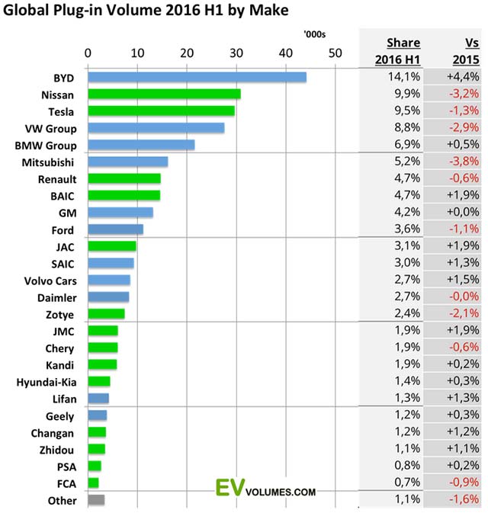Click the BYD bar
pyautogui.click(x=197, y=77)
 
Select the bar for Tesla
pyautogui.click(x=161, y=111)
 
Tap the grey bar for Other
pyautogui.click(x=96, y=500)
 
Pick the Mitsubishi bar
pyautogui.click(x=127, y=162)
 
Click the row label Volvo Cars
pyautogui.click(x=51, y=280)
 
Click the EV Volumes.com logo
pyautogui.click(x=266, y=490)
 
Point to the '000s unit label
pyautogui.click(x=313, y=34)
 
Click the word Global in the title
pyautogui.click(x=27, y=11)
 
